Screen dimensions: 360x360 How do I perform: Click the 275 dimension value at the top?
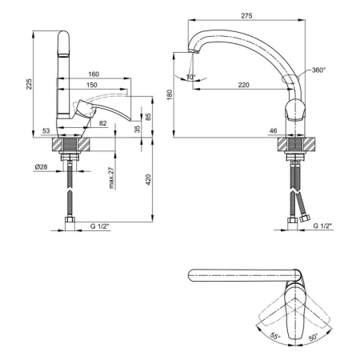(246, 16)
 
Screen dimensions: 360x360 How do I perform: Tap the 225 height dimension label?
(29, 84)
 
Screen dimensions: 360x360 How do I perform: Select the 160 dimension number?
(94, 74)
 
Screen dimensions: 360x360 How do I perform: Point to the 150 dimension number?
(92, 85)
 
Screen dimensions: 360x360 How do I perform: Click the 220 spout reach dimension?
(244, 85)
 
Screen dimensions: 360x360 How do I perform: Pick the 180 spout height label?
(170, 95)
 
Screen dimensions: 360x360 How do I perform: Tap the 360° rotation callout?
(318, 70)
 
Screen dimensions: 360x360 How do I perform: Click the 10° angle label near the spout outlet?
(190, 77)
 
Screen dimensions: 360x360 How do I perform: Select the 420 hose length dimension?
(148, 180)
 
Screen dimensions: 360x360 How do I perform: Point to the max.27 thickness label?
(112, 178)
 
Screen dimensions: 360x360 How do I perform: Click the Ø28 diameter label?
(41, 167)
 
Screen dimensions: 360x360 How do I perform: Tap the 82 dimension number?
(103, 123)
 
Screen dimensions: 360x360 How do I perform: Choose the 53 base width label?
(46, 130)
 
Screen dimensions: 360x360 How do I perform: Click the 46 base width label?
(274, 130)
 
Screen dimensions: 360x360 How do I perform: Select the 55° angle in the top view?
(275, 336)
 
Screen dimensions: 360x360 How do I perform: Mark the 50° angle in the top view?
(314, 337)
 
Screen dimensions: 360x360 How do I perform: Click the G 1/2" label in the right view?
(322, 226)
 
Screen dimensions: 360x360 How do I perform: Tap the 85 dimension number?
(148, 117)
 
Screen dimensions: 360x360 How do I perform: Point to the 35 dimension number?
(137, 129)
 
